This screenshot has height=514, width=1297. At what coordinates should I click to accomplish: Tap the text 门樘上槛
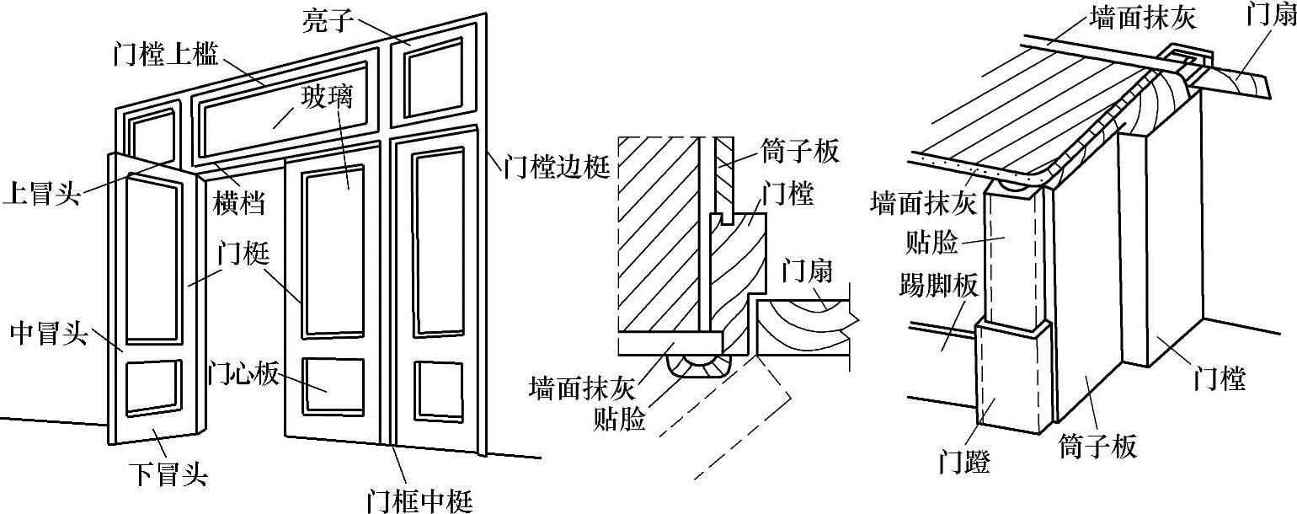pos(165,56)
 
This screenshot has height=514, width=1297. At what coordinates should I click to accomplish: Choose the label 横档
pos(237,202)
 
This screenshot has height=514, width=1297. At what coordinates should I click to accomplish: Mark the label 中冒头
pos(47,334)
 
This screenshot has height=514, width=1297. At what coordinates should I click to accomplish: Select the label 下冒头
pos(167,474)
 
